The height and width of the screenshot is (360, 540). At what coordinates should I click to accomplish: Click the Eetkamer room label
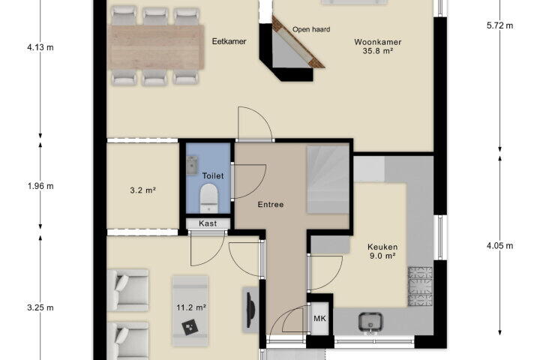tap(229, 41)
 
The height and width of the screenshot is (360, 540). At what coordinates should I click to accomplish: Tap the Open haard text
tap(311, 30)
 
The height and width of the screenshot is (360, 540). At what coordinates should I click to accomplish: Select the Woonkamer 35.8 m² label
tap(378, 46)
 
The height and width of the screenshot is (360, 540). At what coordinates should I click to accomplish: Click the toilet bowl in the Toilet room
tap(208, 198)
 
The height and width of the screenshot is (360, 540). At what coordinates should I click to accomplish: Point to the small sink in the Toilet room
tap(192, 165)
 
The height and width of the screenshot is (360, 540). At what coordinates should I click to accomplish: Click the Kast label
tap(208, 223)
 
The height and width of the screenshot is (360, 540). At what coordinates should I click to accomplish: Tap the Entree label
tap(271, 204)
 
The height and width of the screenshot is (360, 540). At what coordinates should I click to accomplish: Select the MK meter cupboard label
tap(319, 319)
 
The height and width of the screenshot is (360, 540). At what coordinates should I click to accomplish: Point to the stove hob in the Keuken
tap(420, 286)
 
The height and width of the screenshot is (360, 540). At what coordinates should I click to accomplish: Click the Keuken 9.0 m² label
tap(382, 251)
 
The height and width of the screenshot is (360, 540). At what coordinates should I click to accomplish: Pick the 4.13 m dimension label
tap(40, 47)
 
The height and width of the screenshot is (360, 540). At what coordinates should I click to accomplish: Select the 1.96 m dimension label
tap(40, 186)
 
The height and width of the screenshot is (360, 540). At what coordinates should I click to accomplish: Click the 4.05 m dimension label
tap(499, 246)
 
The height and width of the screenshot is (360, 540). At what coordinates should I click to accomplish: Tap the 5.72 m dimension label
tap(499, 25)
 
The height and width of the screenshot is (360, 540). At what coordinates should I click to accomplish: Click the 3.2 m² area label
tap(143, 190)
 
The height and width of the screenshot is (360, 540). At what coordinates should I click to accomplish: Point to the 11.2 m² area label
tap(191, 307)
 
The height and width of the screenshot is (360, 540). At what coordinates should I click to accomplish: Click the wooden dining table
tap(156, 47)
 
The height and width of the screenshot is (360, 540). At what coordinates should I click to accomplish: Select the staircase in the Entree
tap(328, 179)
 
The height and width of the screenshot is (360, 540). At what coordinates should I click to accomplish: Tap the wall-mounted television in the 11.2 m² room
tap(250, 310)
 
